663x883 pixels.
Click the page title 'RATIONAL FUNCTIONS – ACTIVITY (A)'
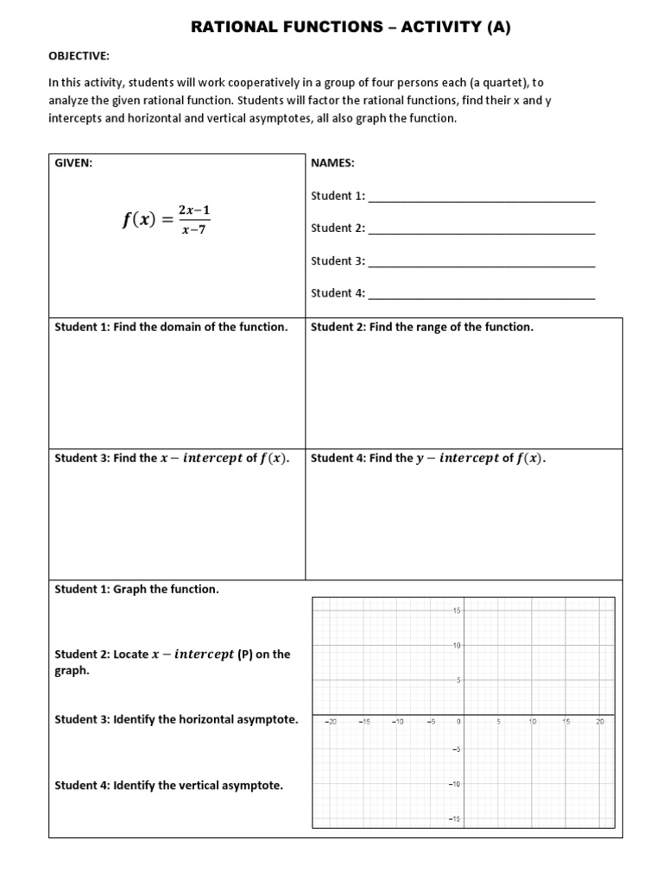[x=350, y=28]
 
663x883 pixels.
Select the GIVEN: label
[x=73, y=163]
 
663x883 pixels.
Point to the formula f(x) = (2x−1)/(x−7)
[x=166, y=220]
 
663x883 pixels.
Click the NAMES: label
[x=332, y=163]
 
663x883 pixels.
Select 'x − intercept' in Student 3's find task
[x=201, y=459]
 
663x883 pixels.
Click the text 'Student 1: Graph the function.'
[x=137, y=590]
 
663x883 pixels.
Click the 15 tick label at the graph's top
[x=457, y=611]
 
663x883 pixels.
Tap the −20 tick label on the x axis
[x=330, y=721]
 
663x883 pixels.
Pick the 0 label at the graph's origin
[x=459, y=721]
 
